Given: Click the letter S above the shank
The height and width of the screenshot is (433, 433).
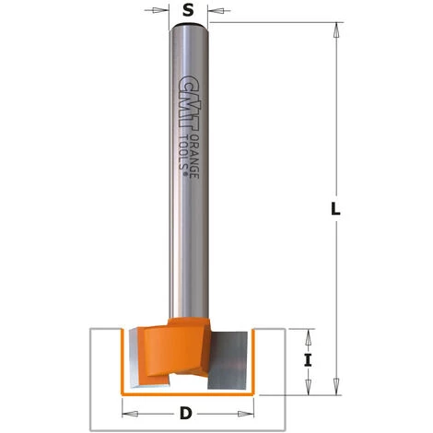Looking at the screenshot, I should pyautogui.click(x=188, y=13).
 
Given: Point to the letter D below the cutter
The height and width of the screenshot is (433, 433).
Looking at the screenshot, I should pyautogui.click(x=188, y=414).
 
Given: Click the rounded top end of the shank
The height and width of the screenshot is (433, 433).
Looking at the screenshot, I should pyautogui.click(x=188, y=29).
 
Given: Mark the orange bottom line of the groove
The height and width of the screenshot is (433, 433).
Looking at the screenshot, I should pyautogui.click(x=189, y=392).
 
